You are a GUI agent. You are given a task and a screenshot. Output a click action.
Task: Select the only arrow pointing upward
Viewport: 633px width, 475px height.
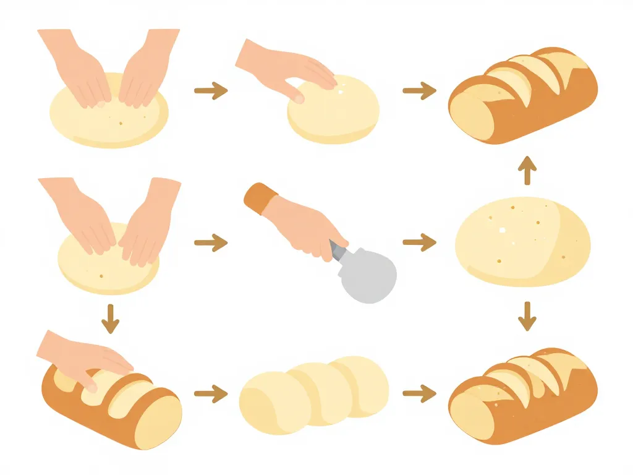point(527,171)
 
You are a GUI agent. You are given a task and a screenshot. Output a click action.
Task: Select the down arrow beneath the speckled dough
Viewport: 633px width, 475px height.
point(527,315)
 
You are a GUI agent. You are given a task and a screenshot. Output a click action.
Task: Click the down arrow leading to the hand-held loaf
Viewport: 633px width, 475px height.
point(110,318)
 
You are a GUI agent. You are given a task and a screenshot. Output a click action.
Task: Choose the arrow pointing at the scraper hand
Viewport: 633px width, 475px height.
point(211,242)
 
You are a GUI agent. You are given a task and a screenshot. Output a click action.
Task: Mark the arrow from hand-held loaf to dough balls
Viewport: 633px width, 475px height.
point(211,392)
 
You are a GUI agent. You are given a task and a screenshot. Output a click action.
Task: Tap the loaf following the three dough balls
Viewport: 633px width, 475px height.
point(523,396)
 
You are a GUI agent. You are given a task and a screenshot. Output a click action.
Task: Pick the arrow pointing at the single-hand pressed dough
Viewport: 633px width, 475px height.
point(211,91)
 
